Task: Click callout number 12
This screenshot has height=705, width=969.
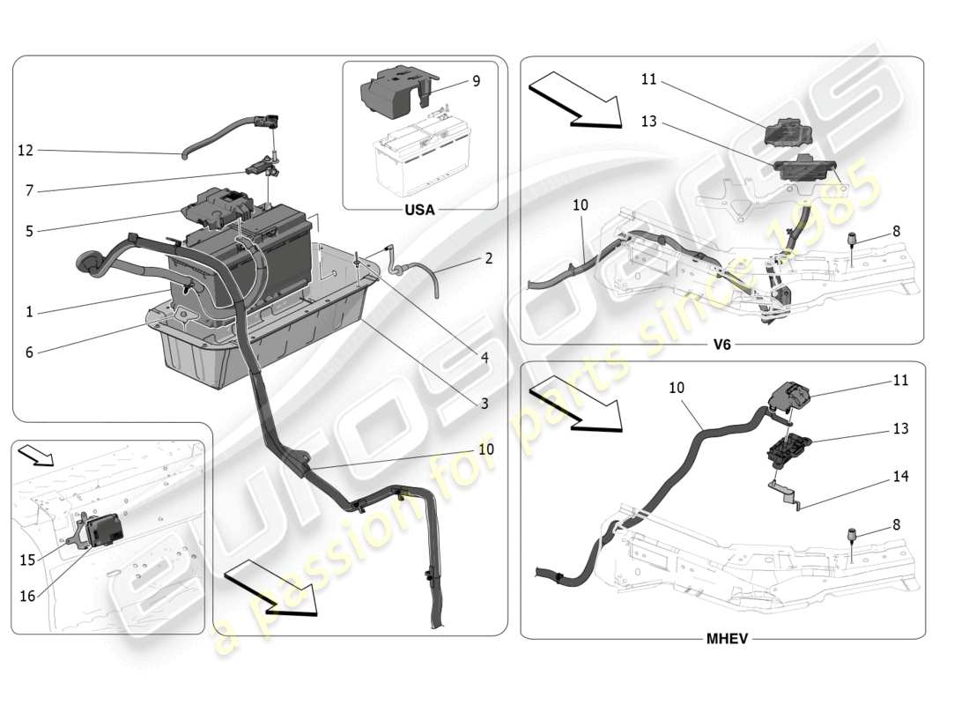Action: (25, 151)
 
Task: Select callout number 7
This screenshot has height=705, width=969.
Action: (29, 190)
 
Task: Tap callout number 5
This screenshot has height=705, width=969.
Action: (29, 233)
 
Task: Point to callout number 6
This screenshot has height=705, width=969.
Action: (29, 352)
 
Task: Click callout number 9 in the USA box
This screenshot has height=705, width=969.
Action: (476, 81)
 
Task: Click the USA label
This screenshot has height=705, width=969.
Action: (419, 211)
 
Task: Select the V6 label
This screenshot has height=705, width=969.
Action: (721, 345)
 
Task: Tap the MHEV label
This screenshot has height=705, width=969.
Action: (727, 639)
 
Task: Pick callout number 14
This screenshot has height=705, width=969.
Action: (899, 477)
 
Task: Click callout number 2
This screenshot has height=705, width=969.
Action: (489, 259)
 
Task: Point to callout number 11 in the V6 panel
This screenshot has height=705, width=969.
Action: (649, 79)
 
